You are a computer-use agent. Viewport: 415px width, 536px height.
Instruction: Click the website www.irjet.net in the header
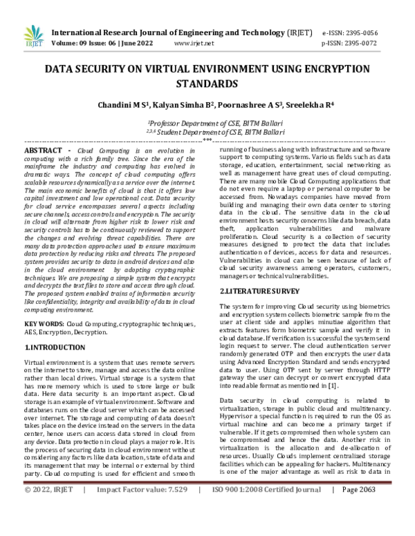pos(193,43)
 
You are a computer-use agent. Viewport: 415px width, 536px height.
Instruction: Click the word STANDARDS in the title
pos(207,84)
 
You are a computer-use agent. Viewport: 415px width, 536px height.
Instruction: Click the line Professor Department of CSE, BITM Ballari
pos(207,119)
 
